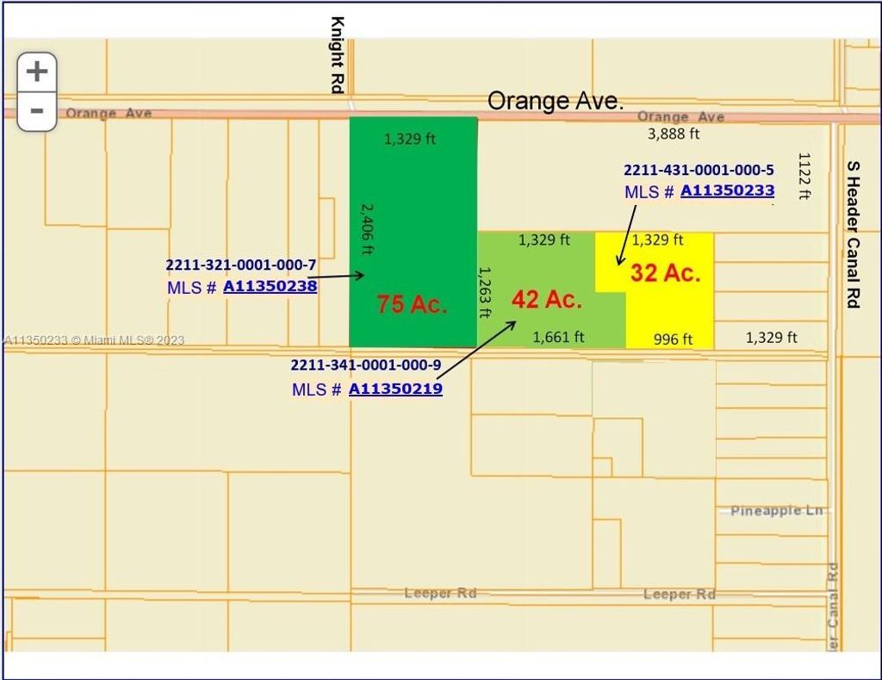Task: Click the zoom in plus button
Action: [x=37, y=71]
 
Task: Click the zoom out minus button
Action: [x=37, y=111]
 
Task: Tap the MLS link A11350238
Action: [x=270, y=286]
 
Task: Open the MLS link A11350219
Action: [x=395, y=389]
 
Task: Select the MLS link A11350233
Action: [x=727, y=190]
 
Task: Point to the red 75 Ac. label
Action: [x=412, y=304]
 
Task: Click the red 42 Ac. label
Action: [x=547, y=300]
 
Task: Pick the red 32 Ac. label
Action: [x=665, y=273]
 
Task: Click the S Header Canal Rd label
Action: [x=853, y=234]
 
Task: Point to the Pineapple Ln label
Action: [x=777, y=510]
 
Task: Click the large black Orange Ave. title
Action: [x=555, y=101]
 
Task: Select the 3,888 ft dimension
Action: [x=674, y=134]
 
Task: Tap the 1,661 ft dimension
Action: [x=558, y=337]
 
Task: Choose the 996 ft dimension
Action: [x=673, y=339]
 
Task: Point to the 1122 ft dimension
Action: [x=804, y=176]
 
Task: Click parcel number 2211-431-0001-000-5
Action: [x=699, y=170]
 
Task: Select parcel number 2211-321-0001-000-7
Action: [x=240, y=265]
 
